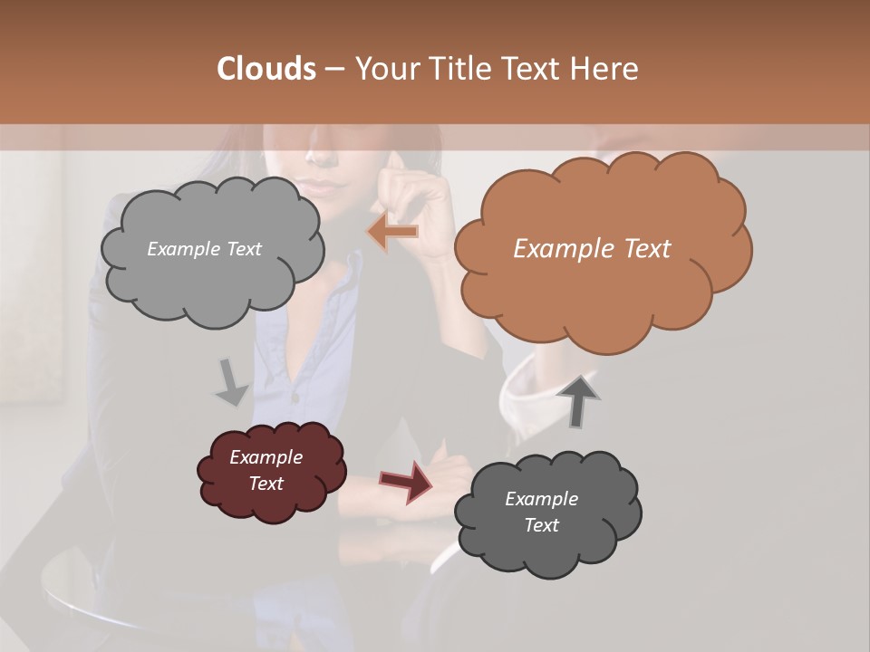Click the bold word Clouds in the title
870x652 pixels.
tap(266, 69)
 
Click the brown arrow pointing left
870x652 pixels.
tap(392, 232)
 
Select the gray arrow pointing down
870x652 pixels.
tap(231, 382)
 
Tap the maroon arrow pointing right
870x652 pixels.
tap(407, 481)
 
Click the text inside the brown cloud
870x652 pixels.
tap(592, 249)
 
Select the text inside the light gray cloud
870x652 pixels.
tap(204, 249)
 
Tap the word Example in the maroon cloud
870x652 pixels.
tap(266, 457)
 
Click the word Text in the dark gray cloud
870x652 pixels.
tap(541, 525)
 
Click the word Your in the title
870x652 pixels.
tap(385, 69)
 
